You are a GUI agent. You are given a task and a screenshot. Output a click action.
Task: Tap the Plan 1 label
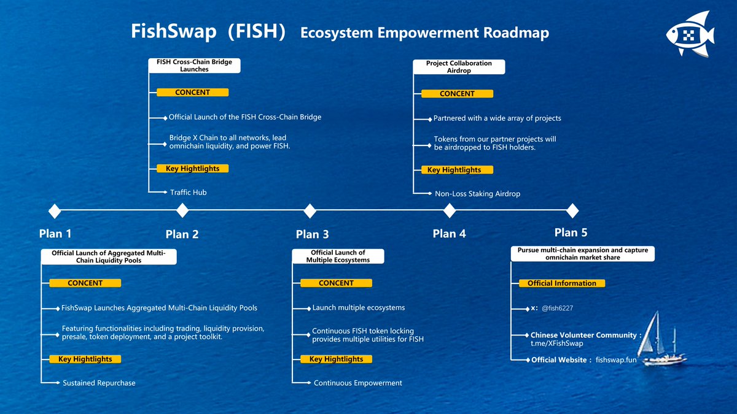point(55,233)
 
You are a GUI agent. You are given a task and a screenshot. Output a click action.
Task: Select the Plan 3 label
point(312,234)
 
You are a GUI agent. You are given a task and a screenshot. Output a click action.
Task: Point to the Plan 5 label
point(571,232)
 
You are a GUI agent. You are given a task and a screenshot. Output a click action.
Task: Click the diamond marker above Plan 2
point(182,210)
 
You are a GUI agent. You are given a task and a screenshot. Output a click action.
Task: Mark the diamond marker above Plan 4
point(450,210)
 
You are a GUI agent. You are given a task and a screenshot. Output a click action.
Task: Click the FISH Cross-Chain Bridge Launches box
point(195,66)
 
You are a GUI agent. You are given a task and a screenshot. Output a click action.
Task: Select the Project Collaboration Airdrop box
point(459,67)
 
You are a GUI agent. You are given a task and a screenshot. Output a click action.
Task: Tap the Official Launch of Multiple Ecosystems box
point(338,256)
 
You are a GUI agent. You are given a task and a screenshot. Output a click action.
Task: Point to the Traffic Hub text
point(188,193)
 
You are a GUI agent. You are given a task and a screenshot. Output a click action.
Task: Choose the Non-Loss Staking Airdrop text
point(477,194)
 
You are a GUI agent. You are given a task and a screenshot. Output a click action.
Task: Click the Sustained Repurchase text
point(99,383)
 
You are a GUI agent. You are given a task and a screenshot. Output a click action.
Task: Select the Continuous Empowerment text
point(357,383)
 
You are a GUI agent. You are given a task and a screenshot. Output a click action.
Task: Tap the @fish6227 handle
point(557,308)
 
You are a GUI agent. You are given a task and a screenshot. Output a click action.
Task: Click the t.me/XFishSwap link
point(557,343)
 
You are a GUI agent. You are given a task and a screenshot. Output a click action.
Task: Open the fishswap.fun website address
point(616,360)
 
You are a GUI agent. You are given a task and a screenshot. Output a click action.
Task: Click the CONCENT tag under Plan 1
point(85,283)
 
